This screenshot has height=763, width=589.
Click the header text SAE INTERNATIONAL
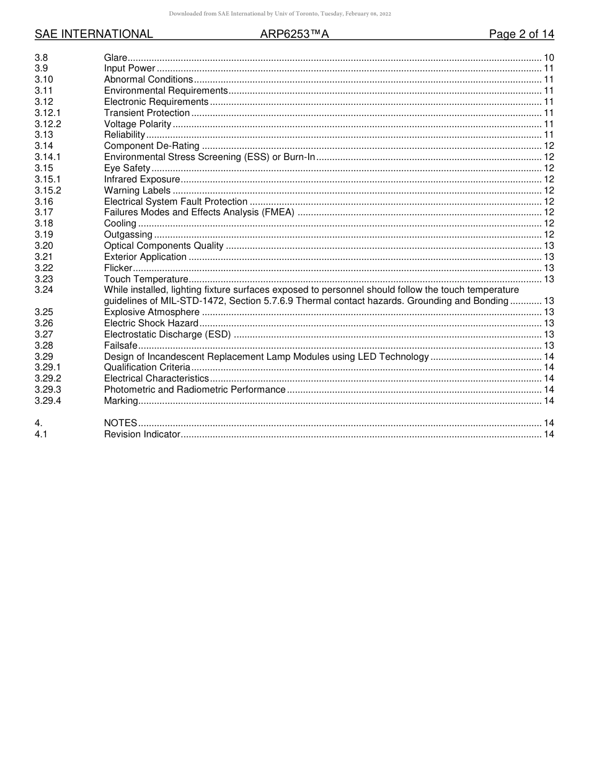(94, 34)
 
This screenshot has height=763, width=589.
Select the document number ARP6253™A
(294, 34)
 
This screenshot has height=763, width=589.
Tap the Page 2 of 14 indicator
(521, 34)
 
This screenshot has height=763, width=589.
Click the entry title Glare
(115, 58)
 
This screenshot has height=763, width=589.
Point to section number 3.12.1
(48, 113)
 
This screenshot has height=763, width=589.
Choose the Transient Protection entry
(147, 113)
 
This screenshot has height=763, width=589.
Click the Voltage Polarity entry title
(138, 124)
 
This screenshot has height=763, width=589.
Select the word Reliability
(124, 135)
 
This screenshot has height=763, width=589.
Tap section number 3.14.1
(48, 158)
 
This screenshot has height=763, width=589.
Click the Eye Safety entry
(127, 168)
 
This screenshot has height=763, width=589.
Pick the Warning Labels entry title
(137, 190)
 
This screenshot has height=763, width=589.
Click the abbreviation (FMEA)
(278, 213)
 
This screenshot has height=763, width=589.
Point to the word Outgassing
(128, 234)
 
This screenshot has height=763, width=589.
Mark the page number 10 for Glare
(548, 58)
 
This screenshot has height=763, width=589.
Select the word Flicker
(118, 268)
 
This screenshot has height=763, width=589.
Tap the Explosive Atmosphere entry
(152, 312)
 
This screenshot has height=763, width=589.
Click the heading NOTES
(120, 423)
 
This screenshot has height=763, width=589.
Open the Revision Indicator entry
(142, 434)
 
